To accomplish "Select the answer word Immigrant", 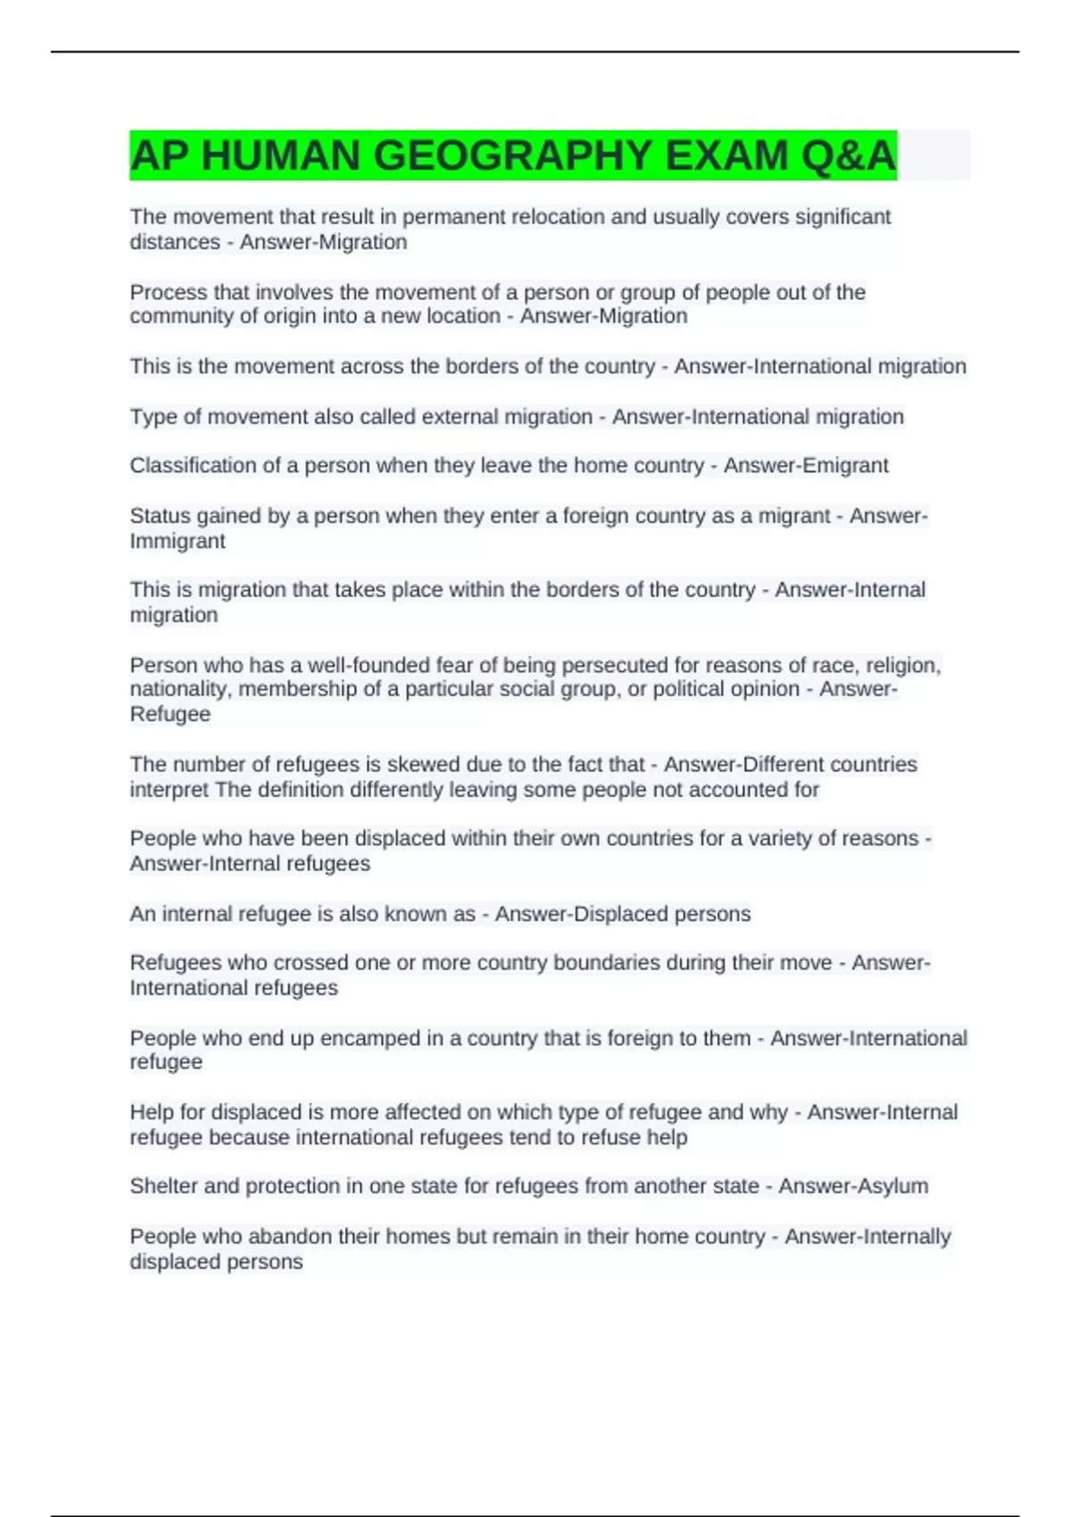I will click(178, 541).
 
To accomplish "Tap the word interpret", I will click(170, 790).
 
